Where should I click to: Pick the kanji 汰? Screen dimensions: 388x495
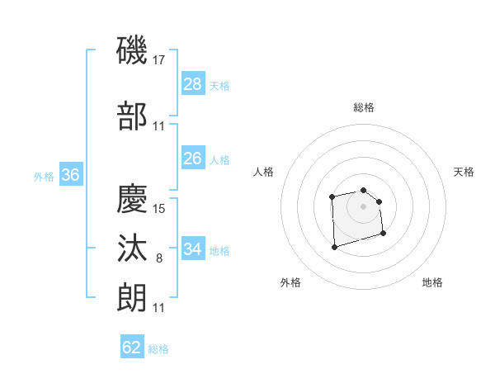click(133, 248)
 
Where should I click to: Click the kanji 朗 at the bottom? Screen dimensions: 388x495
click(133, 297)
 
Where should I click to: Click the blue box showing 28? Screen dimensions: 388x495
click(193, 83)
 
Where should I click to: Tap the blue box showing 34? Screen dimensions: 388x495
click(193, 248)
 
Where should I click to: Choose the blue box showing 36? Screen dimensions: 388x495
click(70, 175)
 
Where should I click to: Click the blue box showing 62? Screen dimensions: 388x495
click(132, 348)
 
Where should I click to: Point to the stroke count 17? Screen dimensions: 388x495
click(159, 59)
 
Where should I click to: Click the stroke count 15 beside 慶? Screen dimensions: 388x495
click(159, 208)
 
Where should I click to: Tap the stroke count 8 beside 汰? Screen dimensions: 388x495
click(159, 258)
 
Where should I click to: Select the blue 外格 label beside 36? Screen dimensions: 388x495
click(44, 176)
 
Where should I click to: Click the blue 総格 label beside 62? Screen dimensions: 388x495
click(158, 349)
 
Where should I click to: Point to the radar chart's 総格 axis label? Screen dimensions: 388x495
click(364, 107)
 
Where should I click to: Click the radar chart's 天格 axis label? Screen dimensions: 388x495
click(464, 172)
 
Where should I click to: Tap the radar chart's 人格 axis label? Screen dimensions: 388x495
click(264, 172)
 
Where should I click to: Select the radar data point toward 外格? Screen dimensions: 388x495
click(334, 247)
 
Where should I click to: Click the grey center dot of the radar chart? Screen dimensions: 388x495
click(364, 206)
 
